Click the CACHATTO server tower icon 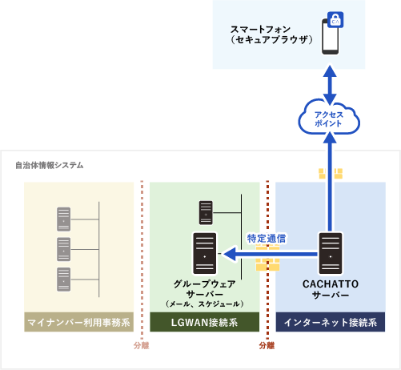click(331, 252)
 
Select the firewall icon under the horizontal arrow click(267, 263)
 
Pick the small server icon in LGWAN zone click(205, 212)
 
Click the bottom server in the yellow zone click(63, 279)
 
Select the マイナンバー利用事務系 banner click(79, 323)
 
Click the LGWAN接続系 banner click(205, 323)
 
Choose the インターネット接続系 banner click(330, 323)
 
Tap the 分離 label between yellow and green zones click(142, 346)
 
